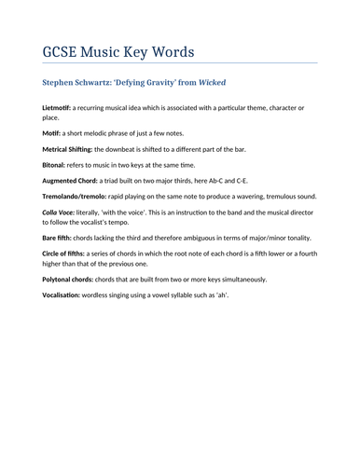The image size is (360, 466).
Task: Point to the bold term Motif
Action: [51, 133]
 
